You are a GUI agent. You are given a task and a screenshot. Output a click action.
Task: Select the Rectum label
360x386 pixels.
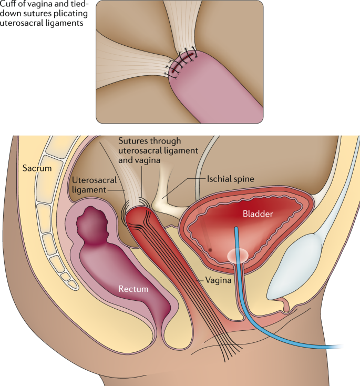(x=133, y=289)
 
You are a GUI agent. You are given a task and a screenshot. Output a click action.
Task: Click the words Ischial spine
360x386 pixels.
(x=230, y=179)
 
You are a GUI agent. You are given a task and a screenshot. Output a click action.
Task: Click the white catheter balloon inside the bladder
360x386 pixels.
(x=237, y=255)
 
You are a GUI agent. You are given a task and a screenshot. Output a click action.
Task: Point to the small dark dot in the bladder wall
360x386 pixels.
(x=210, y=249)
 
